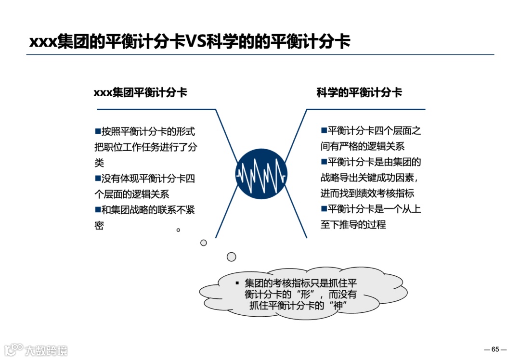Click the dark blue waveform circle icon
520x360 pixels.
(x=261, y=174)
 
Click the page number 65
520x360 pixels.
(x=495, y=349)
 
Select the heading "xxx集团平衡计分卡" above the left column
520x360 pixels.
(x=140, y=93)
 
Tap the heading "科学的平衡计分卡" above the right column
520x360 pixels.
(x=359, y=93)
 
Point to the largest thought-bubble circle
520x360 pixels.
(x=232, y=257)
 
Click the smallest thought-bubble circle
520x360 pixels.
(x=178, y=230)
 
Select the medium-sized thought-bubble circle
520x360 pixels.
(x=204, y=243)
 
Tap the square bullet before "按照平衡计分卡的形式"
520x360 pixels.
(x=98, y=131)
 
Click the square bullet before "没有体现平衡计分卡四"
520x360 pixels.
(x=98, y=178)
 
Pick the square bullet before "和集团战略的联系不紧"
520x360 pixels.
(x=98, y=209)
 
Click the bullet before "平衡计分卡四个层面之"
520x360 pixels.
(x=324, y=130)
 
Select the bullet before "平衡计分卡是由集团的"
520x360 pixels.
(x=324, y=162)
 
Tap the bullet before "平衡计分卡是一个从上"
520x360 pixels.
(x=324, y=209)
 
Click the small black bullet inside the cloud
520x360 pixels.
(x=237, y=283)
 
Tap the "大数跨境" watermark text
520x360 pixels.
(x=47, y=350)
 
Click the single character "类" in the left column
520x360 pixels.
(x=99, y=163)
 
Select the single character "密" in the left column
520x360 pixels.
(x=99, y=225)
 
